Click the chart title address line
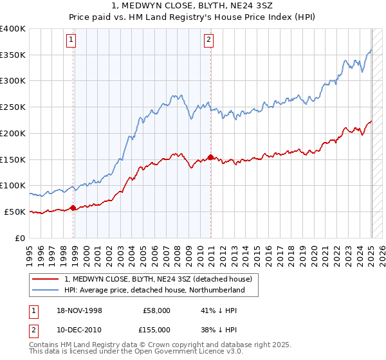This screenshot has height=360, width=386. pos(192,6)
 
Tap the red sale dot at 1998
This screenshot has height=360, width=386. pos(73,208)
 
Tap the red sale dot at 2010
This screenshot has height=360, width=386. pos(212,157)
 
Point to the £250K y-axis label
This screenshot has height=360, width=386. pos(13,107)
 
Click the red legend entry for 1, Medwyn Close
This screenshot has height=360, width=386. pos(161,279)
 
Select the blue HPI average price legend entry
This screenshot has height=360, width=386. pos(154,291)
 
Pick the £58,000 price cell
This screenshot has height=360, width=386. pos(157,310)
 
